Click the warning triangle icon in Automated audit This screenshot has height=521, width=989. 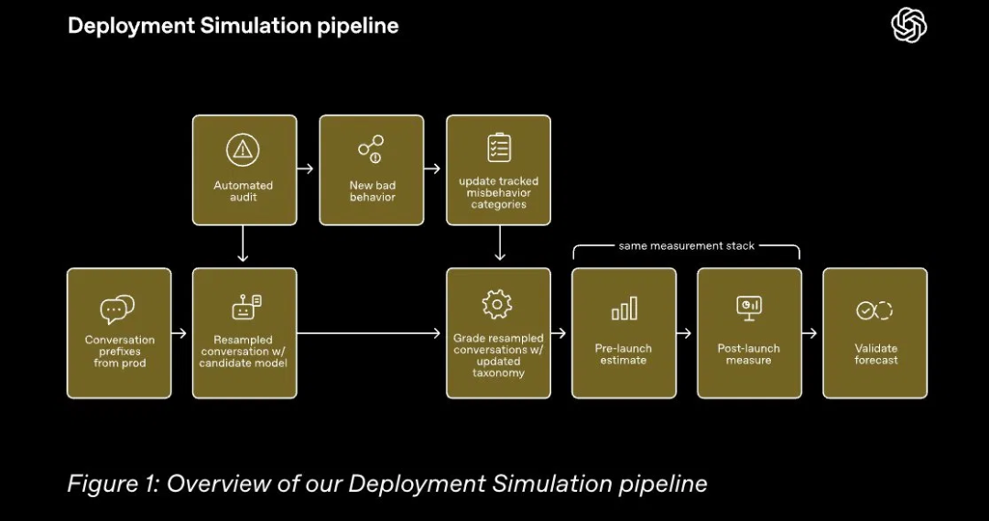click(x=243, y=149)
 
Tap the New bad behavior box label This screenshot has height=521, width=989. click(x=372, y=191)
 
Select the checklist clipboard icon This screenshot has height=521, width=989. click(x=499, y=147)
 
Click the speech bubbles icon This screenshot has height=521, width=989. click(x=117, y=309)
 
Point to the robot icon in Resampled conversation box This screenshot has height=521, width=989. click(x=246, y=307)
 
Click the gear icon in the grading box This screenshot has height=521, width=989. click(x=497, y=305)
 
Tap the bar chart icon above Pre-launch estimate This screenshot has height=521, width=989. click(x=624, y=309)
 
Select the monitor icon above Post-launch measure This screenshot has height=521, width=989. click(x=749, y=308)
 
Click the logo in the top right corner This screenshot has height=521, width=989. click(x=909, y=26)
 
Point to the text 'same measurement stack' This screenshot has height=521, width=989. click(x=686, y=246)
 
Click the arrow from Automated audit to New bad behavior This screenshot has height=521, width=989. click(x=305, y=168)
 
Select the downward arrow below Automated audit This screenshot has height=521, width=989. click(x=243, y=244)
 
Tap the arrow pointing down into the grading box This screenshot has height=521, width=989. click(x=500, y=243)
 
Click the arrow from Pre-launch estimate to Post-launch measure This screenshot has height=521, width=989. click(x=684, y=333)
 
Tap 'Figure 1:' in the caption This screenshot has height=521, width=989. click(x=114, y=483)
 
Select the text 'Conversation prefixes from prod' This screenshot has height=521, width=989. click(x=119, y=352)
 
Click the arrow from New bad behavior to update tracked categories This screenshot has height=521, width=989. click(x=432, y=168)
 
